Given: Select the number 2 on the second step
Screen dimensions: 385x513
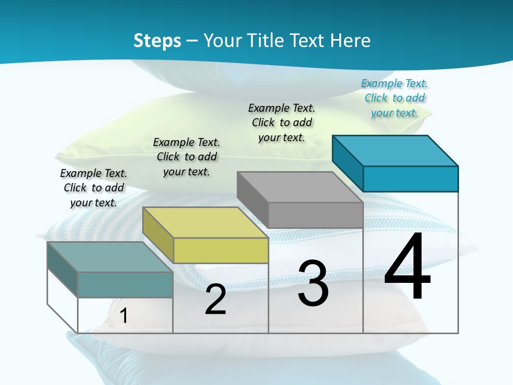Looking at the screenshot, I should pos(215,299).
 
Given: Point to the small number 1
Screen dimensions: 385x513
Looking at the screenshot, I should pos(124,315).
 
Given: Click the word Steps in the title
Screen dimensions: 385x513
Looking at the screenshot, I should pos(157,41).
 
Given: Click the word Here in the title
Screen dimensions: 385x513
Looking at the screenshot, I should pos(351,41).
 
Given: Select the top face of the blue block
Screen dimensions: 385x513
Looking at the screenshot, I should pos(395,150).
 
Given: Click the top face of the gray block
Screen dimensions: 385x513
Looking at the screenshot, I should pos(300,187).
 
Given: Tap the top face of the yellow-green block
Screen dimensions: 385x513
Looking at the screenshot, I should pos(205,222).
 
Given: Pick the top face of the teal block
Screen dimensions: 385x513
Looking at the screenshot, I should pos(110,257).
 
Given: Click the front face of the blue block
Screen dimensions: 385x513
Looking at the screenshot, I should pos(410,179).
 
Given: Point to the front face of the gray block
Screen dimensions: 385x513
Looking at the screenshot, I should pos(315,215).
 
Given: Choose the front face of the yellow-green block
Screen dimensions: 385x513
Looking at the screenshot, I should pos(221,250).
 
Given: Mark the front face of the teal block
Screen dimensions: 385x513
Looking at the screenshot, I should pos(125,284).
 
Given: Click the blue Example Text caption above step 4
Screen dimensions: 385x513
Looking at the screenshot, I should pos(394,98).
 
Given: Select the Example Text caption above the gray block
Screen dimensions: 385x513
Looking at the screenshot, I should pos(282,122).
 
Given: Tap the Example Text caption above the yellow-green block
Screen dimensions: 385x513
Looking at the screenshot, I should pos(186,157).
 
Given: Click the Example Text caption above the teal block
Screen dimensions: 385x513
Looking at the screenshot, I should pos(94,188).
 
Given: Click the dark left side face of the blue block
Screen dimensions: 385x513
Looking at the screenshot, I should pos(347,163).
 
